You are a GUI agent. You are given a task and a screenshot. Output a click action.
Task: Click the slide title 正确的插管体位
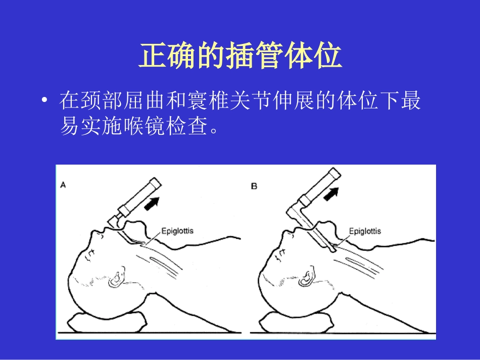[x=240, y=56]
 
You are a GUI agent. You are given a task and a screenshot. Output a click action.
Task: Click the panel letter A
[x=63, y=185]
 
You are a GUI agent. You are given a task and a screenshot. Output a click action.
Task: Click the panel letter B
[x=254, y=186]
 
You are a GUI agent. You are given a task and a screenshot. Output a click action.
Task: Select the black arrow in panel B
[x=330, y=193]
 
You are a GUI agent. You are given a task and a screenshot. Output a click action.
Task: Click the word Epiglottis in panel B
[x=365, y=231]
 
